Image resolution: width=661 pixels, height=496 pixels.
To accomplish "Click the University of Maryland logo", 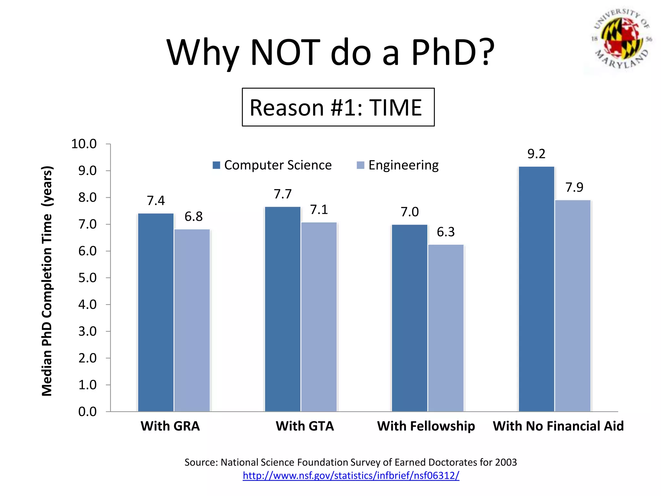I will (622, 39).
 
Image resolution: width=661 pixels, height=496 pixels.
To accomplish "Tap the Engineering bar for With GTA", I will (319, 316).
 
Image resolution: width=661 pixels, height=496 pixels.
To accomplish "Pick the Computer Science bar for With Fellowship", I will (409, 318).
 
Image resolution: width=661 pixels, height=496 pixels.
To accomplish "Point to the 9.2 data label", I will (536, 154).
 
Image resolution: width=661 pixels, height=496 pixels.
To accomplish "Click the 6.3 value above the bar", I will (445, 232).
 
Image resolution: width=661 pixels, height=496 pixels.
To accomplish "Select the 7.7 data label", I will (282, 194).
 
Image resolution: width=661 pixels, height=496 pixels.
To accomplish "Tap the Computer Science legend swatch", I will (216, 165).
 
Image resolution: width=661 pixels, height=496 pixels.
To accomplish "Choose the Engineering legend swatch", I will (360, 165).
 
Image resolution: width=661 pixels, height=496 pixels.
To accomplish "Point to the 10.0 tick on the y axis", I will (84, 144).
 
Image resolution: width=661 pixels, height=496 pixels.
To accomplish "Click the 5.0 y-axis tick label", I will (87, 278).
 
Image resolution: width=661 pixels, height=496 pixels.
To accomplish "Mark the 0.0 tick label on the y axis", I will (87, 412).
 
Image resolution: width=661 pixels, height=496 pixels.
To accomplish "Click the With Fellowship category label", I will (426, 426).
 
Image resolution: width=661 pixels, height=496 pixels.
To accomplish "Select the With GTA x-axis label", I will (305, 426).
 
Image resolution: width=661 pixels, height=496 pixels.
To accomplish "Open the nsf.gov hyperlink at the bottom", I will (351, 475).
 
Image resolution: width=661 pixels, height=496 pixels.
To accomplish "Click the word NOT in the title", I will (285, 52).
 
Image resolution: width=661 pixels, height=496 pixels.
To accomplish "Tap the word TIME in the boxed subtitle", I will (395, 108).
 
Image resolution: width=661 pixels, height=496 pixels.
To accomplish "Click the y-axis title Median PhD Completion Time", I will (47, 281).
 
